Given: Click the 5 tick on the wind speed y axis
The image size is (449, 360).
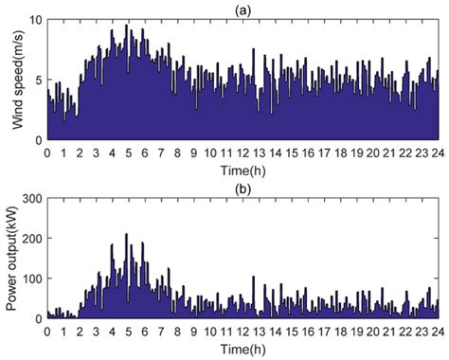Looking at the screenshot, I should pyautogui.click(x=39, y=80).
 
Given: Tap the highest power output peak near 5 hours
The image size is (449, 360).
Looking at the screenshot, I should pyautogui.click(x=127, y=235).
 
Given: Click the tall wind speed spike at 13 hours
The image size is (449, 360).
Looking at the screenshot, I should pyautogui.click(x=253, y=50).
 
